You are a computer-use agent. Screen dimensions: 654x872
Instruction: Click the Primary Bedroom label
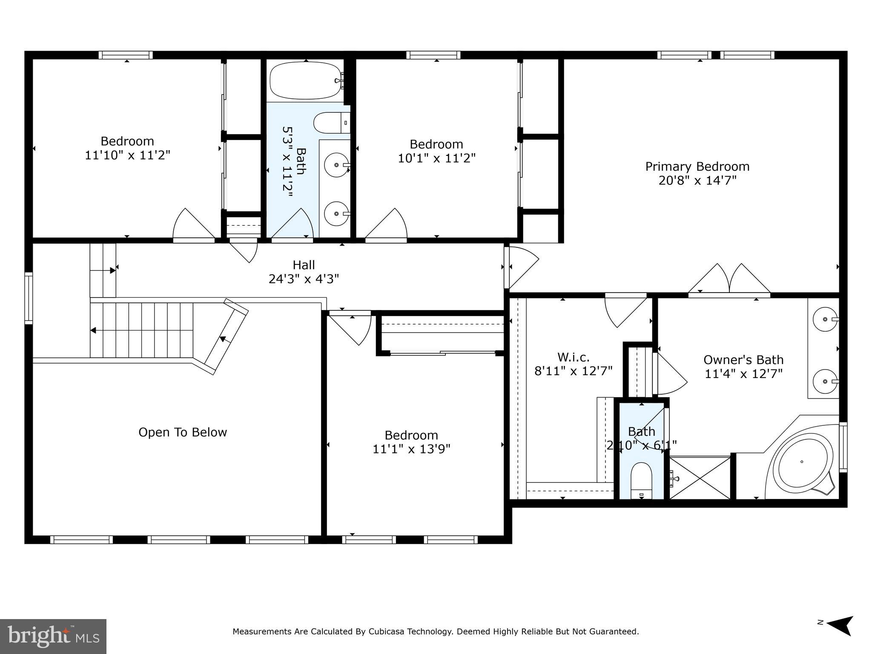tap(697, 166)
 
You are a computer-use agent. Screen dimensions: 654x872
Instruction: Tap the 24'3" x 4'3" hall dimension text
tap(304, 279)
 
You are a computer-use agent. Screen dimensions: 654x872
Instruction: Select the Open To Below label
tap(183, 432)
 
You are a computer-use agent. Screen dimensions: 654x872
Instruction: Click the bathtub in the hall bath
tap(306, 80)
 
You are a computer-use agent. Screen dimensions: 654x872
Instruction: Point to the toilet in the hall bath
tap(330, 123)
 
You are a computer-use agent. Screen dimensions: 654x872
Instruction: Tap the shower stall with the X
tap(700, 477)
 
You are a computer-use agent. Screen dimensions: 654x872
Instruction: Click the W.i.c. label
tap(573, 357)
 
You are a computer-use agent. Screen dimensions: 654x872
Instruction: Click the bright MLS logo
tap(53, 637)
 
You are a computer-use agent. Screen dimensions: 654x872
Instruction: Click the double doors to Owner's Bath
tap(729, 279)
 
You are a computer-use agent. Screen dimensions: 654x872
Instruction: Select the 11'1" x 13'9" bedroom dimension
tap(411, 449)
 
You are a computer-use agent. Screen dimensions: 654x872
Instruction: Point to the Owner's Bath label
tap(743, 360)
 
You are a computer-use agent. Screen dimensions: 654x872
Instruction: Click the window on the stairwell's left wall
tap(29, 298)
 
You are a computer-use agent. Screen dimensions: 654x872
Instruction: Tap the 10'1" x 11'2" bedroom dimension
tap(436, 158)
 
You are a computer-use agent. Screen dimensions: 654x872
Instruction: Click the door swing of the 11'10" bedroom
tap(192, 225)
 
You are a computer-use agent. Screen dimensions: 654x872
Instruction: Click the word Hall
tap(304, 265)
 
